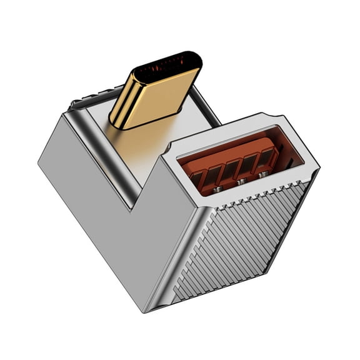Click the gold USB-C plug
point(153,94)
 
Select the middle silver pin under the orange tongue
point(240,182)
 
